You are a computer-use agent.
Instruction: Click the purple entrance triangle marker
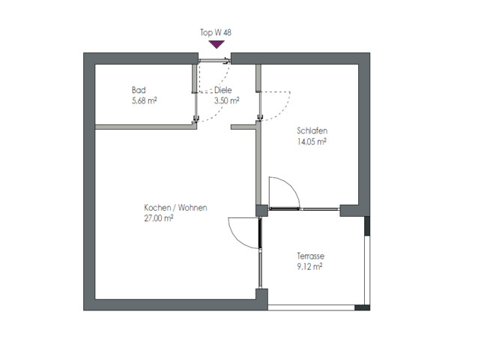(x=217, y=44)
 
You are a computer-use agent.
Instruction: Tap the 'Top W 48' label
(x=216, y=32)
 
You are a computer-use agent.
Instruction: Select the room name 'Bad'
(x=139, y=90)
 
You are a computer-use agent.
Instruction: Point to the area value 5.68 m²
(x=144, y=100)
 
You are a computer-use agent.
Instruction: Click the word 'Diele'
(x=223, y=90)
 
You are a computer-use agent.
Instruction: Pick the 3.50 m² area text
(x=226, y=100)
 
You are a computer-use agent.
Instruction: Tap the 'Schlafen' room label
(x=312, y=131)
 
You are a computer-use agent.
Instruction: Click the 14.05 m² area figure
(x=312, y=142)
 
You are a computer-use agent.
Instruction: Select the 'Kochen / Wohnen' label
(x=175, y=208)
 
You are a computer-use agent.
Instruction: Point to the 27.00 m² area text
(x=159, y=218)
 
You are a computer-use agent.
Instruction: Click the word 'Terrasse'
(x=311, y=256)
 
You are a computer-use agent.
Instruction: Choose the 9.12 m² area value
(x=309, y=267)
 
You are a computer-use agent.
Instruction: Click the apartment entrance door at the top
(x=214, y=61)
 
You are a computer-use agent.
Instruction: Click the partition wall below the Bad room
(x=145, y=127)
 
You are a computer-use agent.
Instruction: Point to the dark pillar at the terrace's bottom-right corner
(x=362, y=307)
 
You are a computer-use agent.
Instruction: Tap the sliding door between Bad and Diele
(x=196, y=106)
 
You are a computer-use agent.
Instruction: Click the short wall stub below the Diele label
(x=243, y=127)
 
